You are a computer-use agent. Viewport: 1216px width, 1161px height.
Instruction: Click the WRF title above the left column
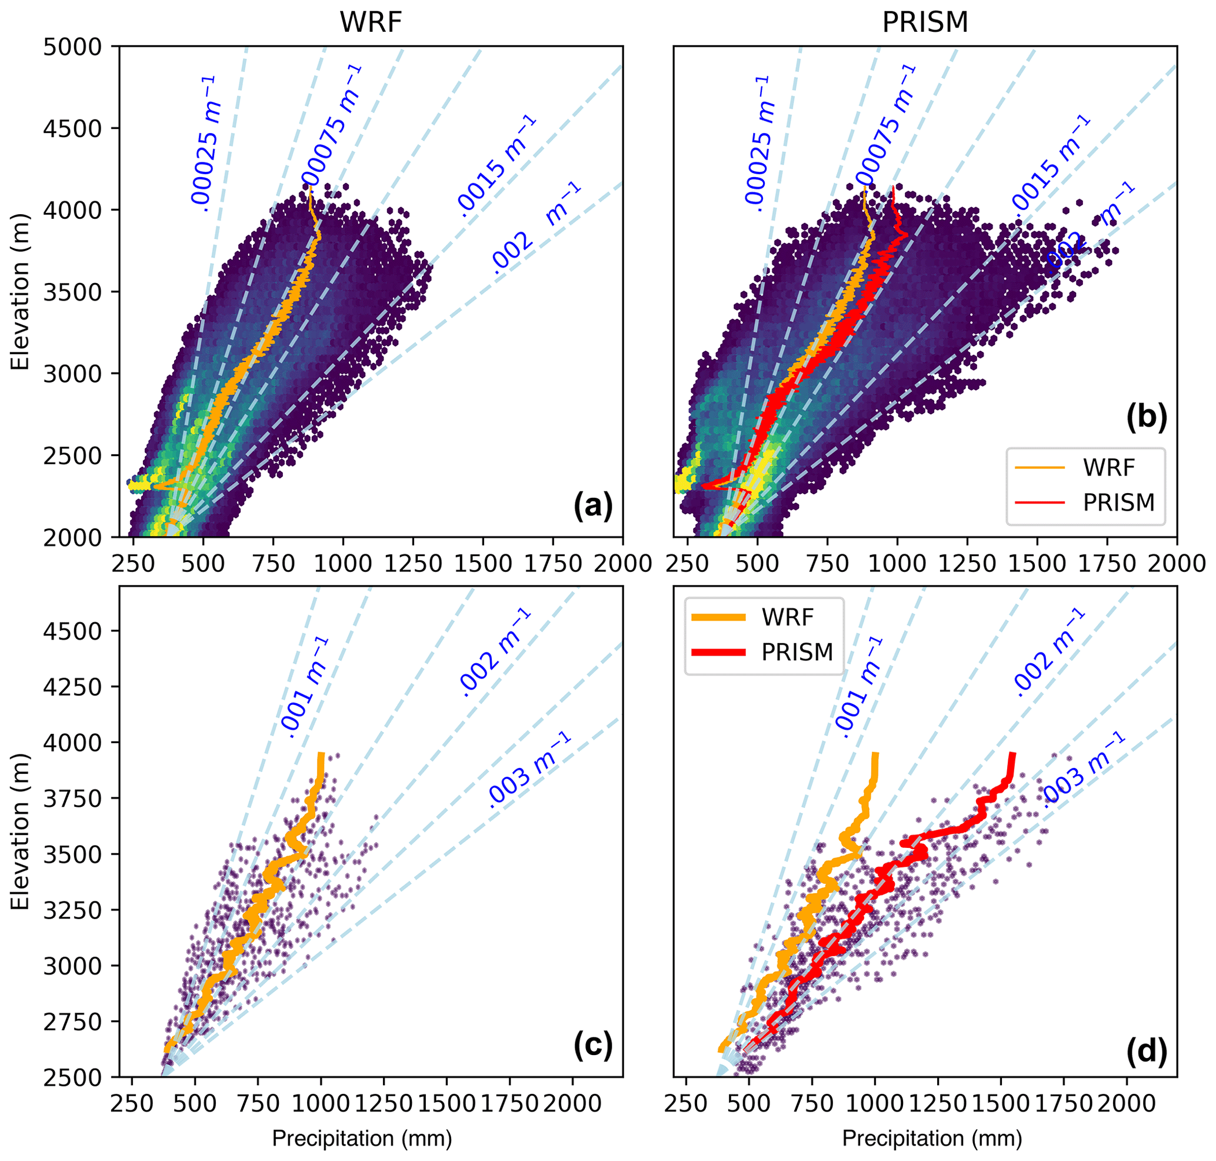coord(371,23)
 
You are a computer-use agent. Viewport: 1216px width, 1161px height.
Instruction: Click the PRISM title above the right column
coord(925,23)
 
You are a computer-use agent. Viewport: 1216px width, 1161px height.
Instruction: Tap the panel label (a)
coord(593,505)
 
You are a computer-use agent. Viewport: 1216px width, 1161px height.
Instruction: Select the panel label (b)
coord(1146,417)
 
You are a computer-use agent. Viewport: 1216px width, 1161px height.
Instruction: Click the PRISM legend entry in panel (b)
coord(1118,503)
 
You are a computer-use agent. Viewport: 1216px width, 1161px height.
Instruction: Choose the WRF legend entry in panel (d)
coord(787,617)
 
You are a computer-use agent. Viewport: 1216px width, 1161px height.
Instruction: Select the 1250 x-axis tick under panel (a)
coord(413,564)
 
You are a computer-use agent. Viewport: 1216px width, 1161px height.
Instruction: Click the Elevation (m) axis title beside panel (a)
coord(21,291)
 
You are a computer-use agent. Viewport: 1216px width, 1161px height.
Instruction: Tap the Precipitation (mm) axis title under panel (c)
coord(362,1138)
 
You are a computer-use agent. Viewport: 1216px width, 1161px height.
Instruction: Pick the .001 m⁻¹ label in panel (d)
coord(858,687)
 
